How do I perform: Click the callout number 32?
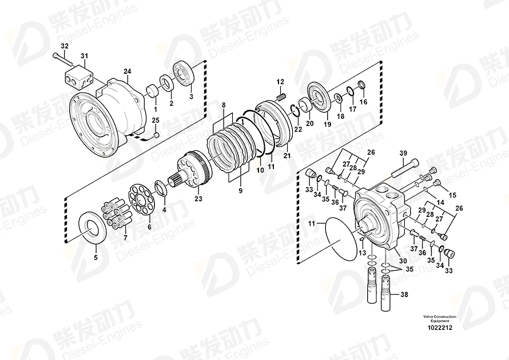[x=65, y=46]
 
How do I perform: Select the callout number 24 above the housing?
[x=127, y=71]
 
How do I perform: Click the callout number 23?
[x=198, y=198]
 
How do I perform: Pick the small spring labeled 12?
[x=282, y=97]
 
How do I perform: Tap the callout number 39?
[x=403, y=153]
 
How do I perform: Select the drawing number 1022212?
[x=440, y=327]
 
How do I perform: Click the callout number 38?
[x=404, y=295]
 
